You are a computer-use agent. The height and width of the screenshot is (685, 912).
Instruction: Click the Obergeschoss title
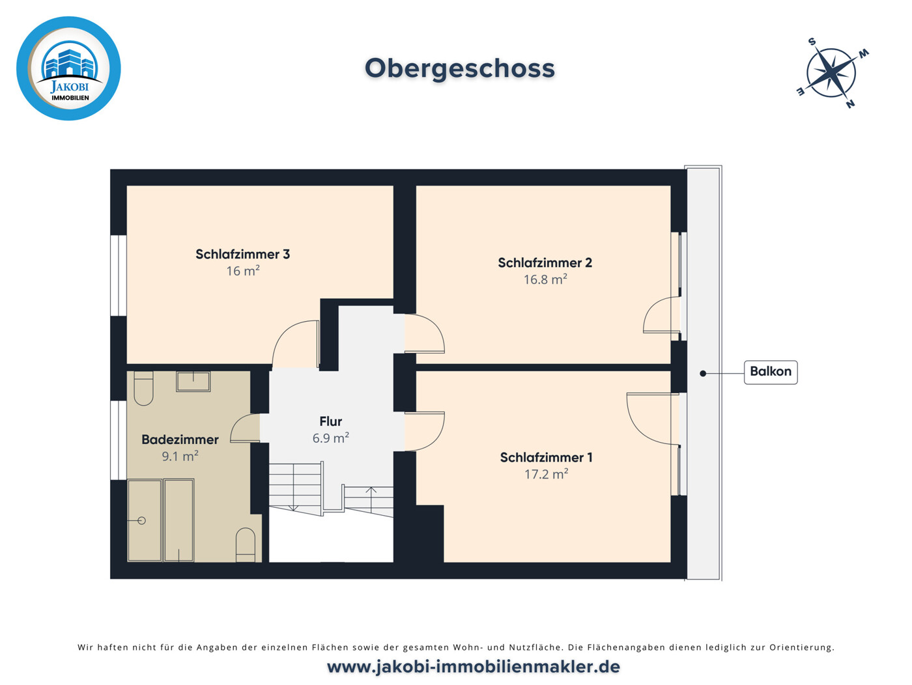[459, 68]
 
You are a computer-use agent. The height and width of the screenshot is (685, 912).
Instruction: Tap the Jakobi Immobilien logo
[68, 68]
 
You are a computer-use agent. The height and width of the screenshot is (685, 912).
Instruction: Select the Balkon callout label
[771, 372]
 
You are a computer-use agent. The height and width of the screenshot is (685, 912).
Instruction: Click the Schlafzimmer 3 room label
[242, 254]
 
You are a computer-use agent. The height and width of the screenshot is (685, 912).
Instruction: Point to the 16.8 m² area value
[545, 279]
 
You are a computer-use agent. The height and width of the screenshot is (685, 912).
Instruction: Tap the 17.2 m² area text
[547, 474]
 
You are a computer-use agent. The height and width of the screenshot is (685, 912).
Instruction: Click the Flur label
[331, 421]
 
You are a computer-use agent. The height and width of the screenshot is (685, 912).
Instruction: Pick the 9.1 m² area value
[180, 456]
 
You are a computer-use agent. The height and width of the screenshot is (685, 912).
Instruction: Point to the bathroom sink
[193, 382]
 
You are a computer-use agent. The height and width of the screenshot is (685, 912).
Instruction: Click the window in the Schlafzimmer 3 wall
[119, 275]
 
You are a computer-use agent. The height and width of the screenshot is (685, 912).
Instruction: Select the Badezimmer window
[119, 440]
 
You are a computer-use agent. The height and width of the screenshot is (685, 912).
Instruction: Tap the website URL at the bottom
[473, 667]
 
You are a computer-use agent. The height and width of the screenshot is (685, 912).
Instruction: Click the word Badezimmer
[180, 440]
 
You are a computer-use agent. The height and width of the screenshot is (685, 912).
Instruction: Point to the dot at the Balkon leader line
[703, 374]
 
